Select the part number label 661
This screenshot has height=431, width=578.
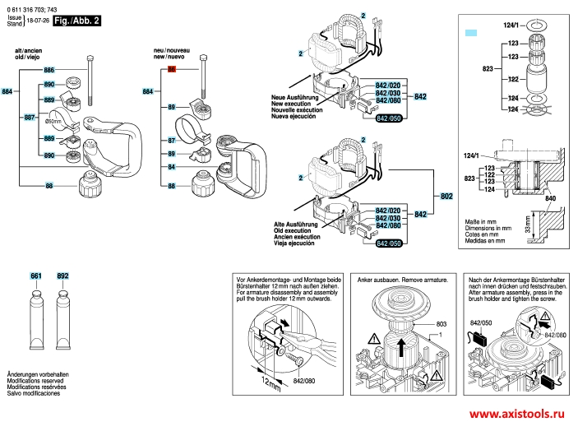point(36,276)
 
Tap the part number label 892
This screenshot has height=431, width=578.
point(62,276)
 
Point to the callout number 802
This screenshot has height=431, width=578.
point(446,197)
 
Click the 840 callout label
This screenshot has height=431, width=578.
point(550,200)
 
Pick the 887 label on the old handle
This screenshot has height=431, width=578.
point(30,118)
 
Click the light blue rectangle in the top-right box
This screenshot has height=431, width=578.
point(471,32)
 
